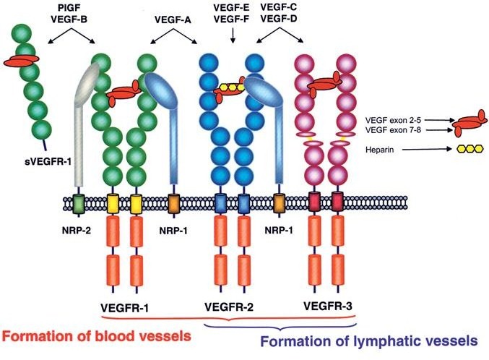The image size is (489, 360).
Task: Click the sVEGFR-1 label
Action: click(48, 162)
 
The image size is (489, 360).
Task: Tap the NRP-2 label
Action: click(77, 231)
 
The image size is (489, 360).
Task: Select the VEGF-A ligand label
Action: click(173, 20)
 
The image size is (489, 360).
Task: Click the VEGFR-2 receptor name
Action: click(229, 307)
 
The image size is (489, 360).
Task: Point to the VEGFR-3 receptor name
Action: click(328, 306)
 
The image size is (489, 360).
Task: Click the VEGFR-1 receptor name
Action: click(125, 308)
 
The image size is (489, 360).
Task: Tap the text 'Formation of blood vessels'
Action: click(96, 336)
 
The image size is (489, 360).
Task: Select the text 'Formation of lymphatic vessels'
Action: click(369, 341)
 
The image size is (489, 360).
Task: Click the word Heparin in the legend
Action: click(379, 150)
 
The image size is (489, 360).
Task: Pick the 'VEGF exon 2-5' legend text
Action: click(393, 120)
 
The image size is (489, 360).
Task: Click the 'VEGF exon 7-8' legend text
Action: click(393, 129)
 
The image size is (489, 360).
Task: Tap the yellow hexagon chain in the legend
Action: click(470, 149)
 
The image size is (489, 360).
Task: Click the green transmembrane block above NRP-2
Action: click(78, 204)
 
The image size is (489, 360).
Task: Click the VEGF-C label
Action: click(279, 7)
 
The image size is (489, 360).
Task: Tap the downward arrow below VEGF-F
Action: click(233, 35)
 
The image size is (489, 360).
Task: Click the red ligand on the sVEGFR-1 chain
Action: click(21, 60)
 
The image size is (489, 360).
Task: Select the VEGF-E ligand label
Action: click(231, 8)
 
